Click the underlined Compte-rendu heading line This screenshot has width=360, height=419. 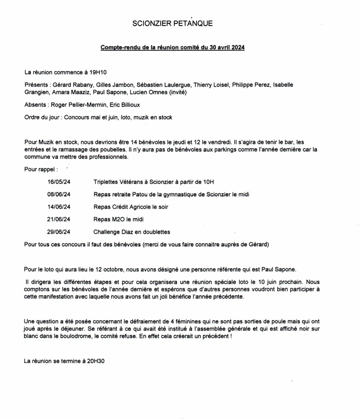[x=172, y=48]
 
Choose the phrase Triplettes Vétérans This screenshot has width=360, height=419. [x=117, y=182]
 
